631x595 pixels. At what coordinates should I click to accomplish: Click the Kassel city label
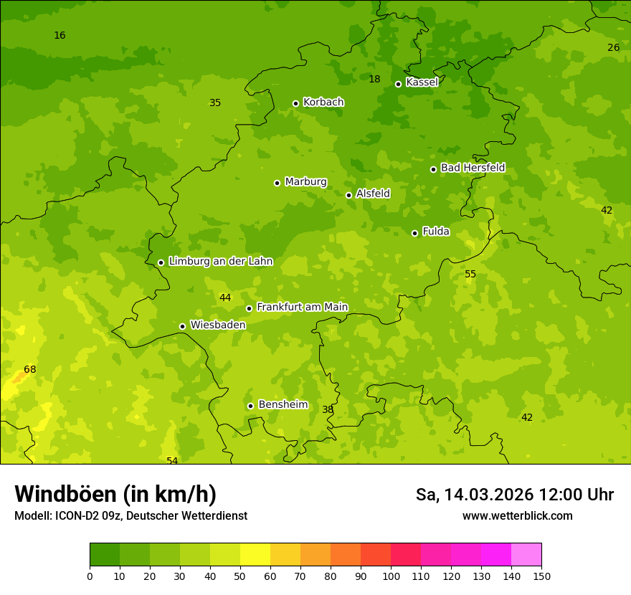[422, 82]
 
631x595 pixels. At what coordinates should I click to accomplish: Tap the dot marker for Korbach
[295, 103]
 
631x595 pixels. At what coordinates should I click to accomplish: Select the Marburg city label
[305, 182]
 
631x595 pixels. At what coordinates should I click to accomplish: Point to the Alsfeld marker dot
[348, 195]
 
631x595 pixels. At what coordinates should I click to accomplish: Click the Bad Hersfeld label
[473, 168]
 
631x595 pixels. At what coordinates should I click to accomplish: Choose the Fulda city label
[436, 232]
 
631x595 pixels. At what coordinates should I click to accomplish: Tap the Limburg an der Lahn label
[220, 262]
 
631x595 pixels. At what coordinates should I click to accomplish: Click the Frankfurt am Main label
[302, 308]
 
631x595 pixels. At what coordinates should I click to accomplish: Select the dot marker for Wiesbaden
[182, 326]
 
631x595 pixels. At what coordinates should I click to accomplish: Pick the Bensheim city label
[283, 405]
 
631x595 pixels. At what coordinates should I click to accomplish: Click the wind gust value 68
[30, 370]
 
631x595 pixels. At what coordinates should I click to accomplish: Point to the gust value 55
[470, 275]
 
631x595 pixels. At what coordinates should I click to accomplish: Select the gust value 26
[613, 48]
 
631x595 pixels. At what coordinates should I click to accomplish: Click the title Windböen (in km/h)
[115, 494]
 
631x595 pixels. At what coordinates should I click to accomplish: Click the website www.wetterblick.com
[517, 516]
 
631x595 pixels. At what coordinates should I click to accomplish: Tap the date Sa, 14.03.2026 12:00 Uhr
[514, 495]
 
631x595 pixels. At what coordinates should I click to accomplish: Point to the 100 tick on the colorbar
[391, 576]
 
